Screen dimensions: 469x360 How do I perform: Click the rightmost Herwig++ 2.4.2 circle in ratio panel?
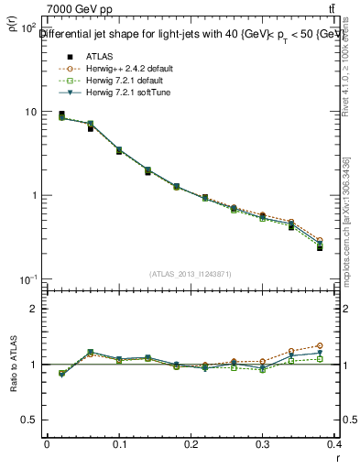tap(345, 345)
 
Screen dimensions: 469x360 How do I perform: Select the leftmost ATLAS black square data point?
tap(61, 115)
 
